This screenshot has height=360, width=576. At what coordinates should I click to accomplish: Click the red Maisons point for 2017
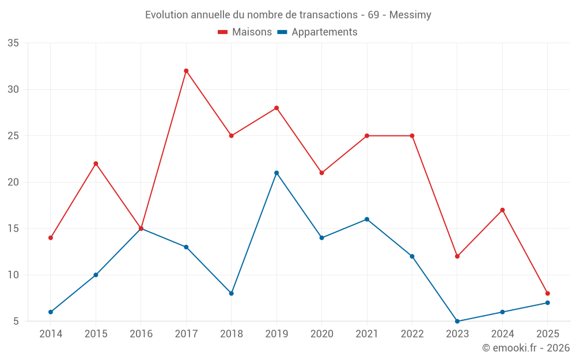coord(186,71)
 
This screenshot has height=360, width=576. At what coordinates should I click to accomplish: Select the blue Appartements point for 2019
coord(276,173)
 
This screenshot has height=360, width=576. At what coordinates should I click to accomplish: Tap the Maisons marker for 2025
coord(548,293)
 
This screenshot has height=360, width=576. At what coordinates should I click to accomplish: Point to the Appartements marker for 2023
coord(457,321)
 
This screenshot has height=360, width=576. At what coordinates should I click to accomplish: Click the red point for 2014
coord(51,238)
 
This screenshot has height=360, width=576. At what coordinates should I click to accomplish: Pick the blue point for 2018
coord(231,293)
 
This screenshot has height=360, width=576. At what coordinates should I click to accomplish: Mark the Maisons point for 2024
coord(502,210)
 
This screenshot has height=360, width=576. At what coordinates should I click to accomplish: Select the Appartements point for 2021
coord(367,219)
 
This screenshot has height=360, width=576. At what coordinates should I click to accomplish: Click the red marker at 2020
coord(321,173)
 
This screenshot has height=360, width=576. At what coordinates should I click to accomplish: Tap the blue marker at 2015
coord(96,275)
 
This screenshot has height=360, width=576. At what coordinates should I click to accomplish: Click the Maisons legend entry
coord(245,32)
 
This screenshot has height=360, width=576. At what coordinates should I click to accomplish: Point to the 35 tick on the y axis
coord(13,43)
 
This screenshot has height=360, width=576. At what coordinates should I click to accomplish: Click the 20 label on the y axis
coord(13,182)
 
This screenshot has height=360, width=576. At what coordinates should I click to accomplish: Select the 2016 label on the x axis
coord(141,334)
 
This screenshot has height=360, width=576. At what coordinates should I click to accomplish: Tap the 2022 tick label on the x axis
coord(412,334)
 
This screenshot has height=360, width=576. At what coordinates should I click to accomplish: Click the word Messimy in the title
coord(410,14)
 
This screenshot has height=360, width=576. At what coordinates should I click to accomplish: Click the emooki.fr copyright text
coord(526,348)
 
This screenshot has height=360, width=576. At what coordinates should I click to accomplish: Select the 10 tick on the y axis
coord(13,275)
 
